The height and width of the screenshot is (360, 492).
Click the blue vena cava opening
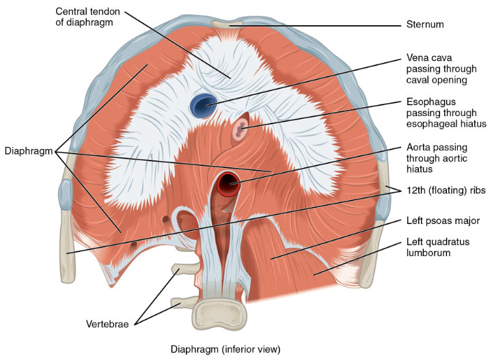click(x=203, y=106)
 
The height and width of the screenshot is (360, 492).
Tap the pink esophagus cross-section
click(x=241, y=128)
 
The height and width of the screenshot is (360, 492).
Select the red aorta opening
click(x=228, y=184)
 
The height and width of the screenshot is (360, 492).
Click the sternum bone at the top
click(x=227, y=24)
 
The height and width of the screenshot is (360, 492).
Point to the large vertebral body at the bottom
click(x=219, y=314)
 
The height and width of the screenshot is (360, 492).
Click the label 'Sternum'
click(x=425, y=25)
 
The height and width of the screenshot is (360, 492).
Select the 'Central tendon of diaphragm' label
click(x=87, y=17)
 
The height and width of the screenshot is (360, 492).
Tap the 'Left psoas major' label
click(x=443, y=221)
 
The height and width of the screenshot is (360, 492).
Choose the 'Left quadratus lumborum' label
click(x=438, y=247)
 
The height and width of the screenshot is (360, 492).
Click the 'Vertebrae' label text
click(x=107, y=324)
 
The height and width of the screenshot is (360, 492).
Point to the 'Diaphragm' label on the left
click(x=29, y=151)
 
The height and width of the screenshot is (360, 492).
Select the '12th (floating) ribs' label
click(x=446, y=190)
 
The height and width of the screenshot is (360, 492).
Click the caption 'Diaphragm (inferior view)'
click(x=225, y=349)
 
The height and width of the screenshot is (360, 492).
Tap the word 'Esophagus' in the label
click(x=431, y=102)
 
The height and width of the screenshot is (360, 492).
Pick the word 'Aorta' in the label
click(x=418, y=147)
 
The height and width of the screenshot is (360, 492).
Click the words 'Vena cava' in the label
click(x=429, y=57)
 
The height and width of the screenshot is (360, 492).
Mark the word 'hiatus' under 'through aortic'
click(x=419, y=169)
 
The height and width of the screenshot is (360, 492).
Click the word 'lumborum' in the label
click(x=428, y=253)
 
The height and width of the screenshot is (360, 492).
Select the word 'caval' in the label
click(x=417, y=80)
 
